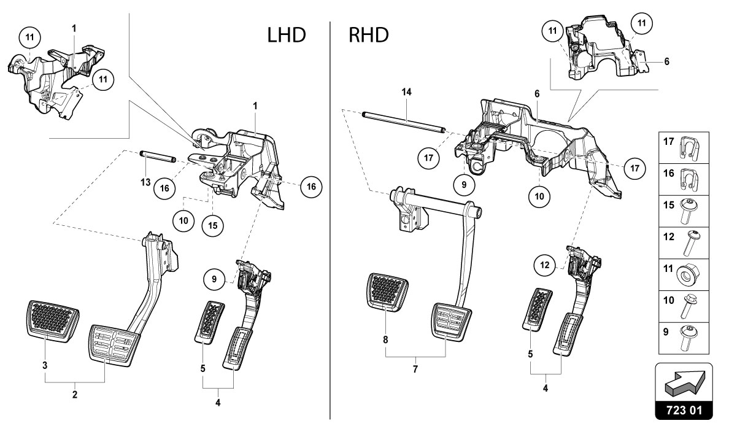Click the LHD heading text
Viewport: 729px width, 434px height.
pos(287,35)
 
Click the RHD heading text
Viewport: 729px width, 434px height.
pos(368,35)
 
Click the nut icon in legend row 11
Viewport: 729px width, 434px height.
pos(693,272)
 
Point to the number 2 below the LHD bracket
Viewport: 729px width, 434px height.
pos(75,395)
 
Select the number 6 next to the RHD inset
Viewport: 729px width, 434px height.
pos(666,61)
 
